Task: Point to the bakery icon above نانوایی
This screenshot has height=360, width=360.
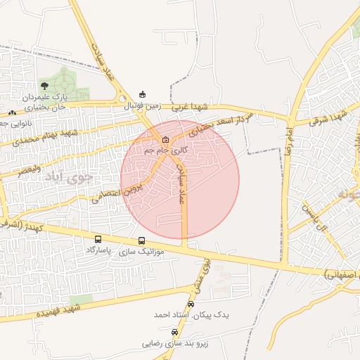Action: (11, 112)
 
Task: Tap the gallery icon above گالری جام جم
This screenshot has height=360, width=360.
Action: (166, 139)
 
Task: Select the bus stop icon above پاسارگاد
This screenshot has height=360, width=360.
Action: (97, 239)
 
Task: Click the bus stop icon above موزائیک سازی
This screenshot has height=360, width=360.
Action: (143, 240)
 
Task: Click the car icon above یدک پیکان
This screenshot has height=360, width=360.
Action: (191, 304)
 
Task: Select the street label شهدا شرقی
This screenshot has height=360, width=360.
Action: (330, 118)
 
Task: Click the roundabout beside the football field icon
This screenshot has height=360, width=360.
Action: (124, 99)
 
